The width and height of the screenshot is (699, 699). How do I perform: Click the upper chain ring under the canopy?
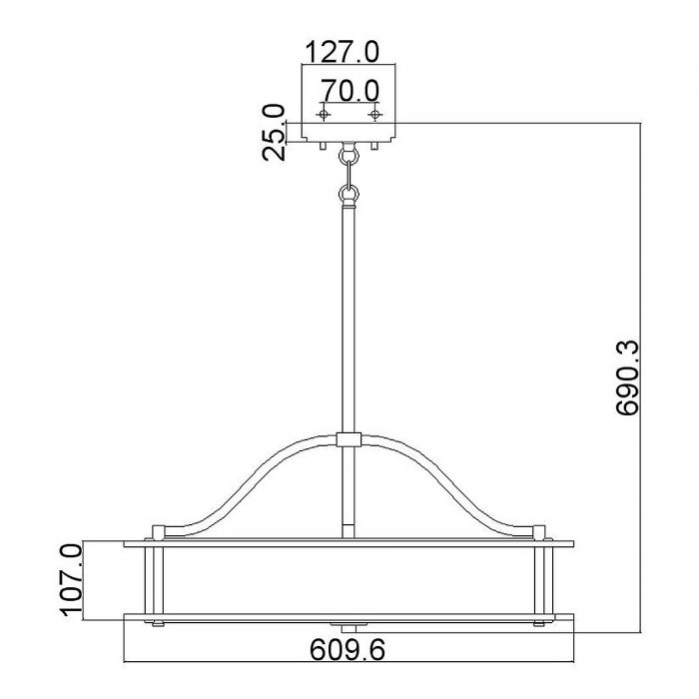click(349, 157)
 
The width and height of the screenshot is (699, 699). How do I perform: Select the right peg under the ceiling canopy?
click(373, 146)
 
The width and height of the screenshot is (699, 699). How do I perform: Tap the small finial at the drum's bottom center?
click(349, 627)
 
